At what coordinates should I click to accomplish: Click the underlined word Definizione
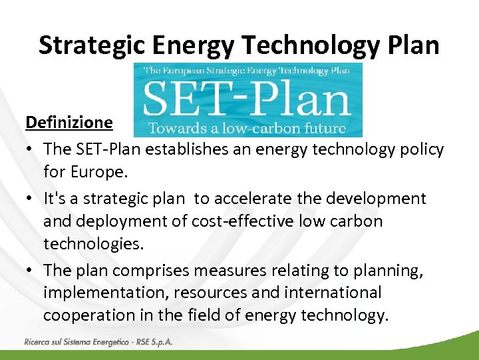coord(69,123)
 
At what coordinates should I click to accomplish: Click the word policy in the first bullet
coord(418,149)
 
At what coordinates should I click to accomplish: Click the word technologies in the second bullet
coord(93,243)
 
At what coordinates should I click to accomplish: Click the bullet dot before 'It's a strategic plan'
coord(31,199)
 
